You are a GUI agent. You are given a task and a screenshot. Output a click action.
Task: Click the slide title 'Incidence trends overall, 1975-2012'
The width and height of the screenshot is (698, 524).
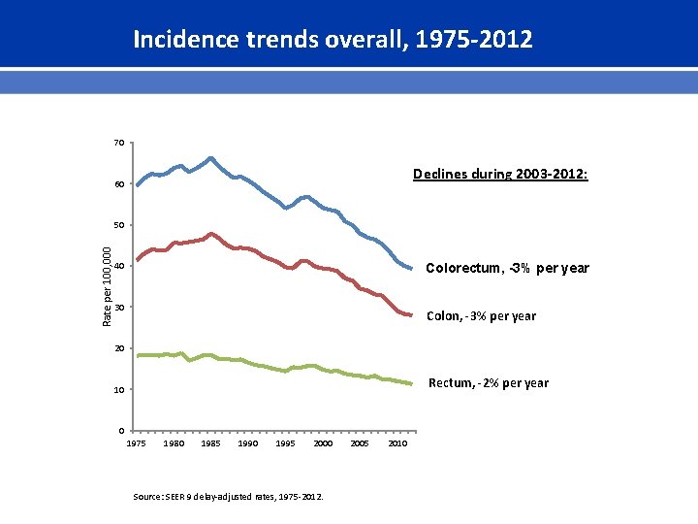click(333, 40)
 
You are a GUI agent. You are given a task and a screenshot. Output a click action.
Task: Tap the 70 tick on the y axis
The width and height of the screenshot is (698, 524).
click(118, 143)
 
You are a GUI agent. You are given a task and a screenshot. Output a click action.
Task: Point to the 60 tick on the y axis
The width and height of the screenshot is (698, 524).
click(118, 184)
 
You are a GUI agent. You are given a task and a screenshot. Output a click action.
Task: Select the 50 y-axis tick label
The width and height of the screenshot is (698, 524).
click(118, 225)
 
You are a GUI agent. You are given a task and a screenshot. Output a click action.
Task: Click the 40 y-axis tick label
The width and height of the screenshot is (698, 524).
click(118, 266)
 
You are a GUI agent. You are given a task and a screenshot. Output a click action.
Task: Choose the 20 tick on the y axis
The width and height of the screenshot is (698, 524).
click(118, 348)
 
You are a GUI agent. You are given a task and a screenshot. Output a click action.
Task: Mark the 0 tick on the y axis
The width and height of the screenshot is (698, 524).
click(121, 430)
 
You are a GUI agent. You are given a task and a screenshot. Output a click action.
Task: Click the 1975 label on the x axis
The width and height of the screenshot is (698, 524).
click(137, 443)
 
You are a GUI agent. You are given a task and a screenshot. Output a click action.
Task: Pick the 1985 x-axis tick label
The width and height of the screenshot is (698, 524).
click(210, 443)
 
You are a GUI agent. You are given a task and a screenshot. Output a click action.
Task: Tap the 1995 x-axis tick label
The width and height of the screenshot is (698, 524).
click(285, 443)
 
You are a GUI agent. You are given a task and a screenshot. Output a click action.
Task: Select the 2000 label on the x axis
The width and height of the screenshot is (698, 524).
click(323, 443)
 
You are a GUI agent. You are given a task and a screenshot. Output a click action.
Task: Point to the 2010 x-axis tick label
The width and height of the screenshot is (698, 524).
click(397, 443)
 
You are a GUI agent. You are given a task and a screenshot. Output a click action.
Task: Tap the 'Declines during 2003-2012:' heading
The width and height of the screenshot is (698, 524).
click(499, 175)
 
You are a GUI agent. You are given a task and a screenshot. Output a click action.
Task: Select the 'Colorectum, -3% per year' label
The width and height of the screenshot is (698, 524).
click(507, 268)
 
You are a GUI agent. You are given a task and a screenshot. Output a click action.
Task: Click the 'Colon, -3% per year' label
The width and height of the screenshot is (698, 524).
click(481, 315)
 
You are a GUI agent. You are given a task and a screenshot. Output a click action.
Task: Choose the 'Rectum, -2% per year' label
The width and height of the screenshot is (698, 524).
click(488, 382)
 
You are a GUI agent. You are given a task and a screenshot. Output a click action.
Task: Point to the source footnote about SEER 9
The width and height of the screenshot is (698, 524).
click(229, 498)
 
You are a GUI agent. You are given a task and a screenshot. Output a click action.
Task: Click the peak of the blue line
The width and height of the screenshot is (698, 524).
click(210, 158)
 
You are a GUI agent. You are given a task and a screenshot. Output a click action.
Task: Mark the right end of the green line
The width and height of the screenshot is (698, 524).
click(411, 384)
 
